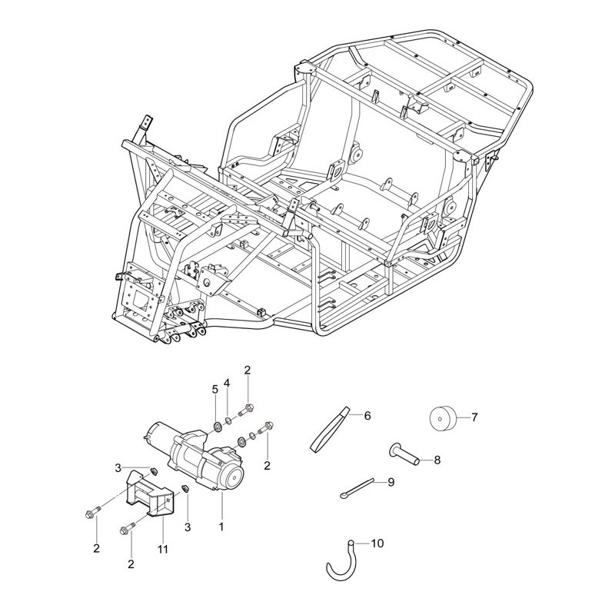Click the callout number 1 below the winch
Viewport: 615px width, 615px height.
coord(221,527)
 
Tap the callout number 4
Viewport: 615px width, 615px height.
coord(227,384)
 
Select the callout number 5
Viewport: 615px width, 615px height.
coord(215,389)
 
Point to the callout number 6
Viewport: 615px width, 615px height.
coord(367,416)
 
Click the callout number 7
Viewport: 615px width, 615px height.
coord(474,417)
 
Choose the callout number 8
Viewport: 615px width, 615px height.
coord(437,460)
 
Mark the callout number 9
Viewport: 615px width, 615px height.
coord(391,482)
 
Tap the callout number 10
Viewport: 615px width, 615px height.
coord(376,544)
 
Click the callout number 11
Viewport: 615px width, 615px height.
coord(162,550)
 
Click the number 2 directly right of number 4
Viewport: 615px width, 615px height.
coord(247,371)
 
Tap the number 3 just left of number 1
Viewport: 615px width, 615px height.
coord(188,527)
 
